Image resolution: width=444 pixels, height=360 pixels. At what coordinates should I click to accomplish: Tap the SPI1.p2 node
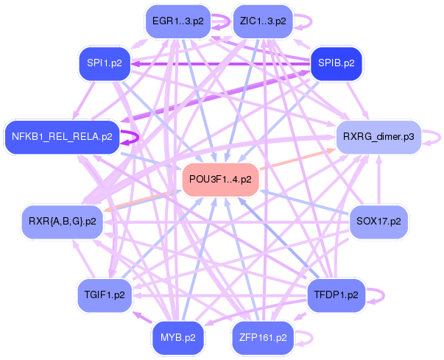pyautogui.click(x=104, y=63)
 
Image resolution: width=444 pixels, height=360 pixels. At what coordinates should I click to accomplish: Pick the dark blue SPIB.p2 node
pyautogui.click(x=336, y=63)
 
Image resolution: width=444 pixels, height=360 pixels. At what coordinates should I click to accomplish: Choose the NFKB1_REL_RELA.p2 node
pyautogui.click(x=62, y=137)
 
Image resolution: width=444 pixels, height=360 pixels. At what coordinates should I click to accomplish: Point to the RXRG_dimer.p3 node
pyautogui.click(x=377, y=137)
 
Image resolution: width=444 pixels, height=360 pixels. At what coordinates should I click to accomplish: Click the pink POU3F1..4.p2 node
pyautogui.click(x=220, y=180)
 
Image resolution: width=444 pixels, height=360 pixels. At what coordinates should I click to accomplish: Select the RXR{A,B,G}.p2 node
pyautogui.click(x=63, y=222)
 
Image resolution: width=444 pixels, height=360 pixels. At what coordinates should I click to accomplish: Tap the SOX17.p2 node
pyautogui.click(x=378, y=222)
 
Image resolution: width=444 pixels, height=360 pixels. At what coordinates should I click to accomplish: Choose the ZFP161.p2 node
pyautogui.click(x=263, y=338)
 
